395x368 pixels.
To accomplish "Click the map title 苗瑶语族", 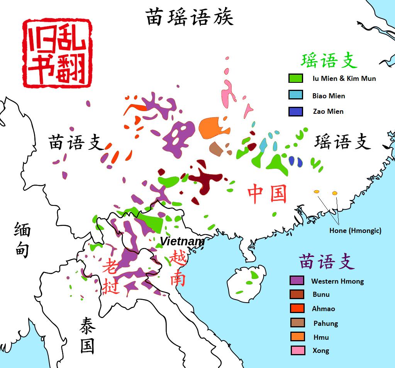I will [189, 18].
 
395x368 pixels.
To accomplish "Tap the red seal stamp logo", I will [57, 53].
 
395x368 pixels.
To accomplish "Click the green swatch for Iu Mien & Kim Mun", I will [295, 78].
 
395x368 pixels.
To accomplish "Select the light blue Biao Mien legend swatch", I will [295, 95].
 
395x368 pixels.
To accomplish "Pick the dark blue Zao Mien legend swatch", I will [295, 111].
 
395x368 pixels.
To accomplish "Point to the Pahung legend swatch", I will [297, 323].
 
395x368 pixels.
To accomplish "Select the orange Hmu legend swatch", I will [297, 337].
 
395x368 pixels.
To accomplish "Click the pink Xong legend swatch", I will [297, 351].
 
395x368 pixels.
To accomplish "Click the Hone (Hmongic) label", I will [355, 231].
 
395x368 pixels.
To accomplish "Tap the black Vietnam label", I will [182, 241].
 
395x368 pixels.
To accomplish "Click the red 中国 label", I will [267, 193].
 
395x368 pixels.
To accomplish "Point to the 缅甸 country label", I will [22, 241].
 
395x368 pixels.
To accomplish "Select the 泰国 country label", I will [87, 335].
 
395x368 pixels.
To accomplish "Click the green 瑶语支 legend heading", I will [329, 61].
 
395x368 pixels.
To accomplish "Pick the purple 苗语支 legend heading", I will [327, 262].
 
